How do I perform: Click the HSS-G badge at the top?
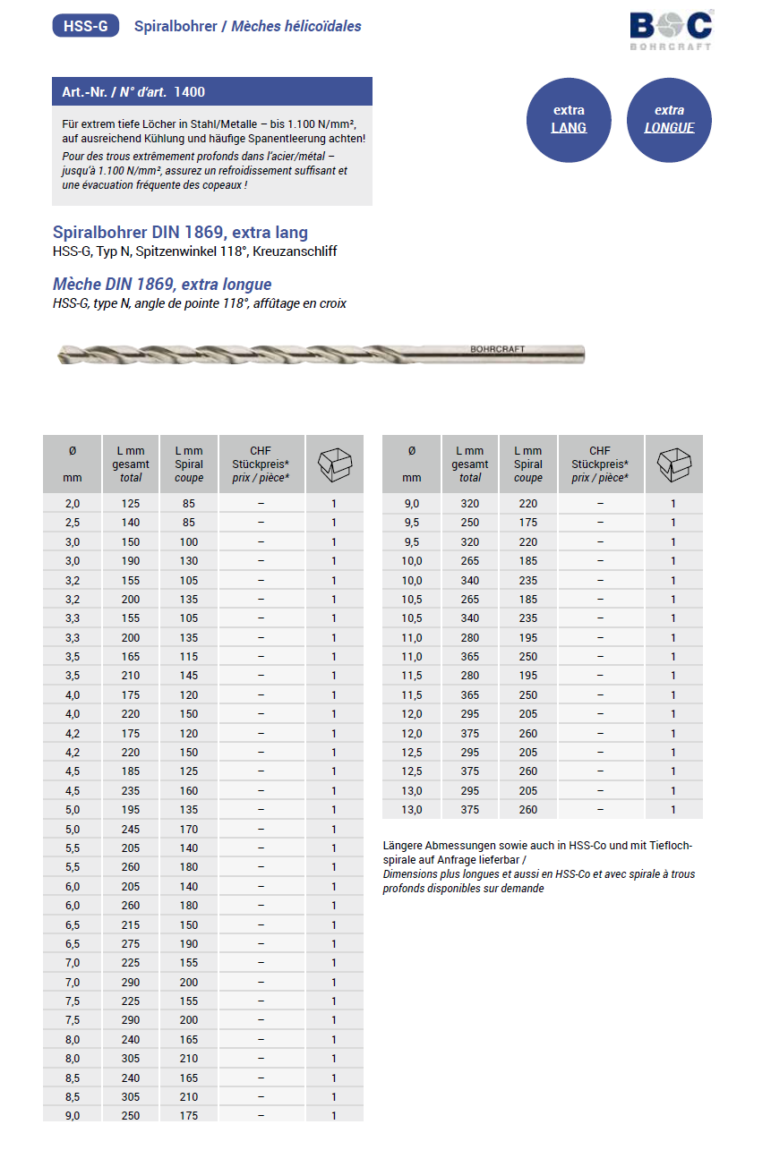[86, 26]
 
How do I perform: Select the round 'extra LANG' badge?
[569, 119]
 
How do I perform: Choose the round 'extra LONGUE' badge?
[669, 119]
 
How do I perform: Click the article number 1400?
[190, 92]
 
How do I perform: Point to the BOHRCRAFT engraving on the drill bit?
[497, 349]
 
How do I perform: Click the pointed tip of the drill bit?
[58, 356]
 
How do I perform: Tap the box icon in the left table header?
[335, 464]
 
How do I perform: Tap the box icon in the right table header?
[673, 464]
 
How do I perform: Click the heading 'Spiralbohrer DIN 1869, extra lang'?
[180, 233]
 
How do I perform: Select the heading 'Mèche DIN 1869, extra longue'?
[162, 285]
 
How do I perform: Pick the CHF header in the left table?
[261, 451]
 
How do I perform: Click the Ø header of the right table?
[412, 451]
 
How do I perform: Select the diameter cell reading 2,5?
[73, 523]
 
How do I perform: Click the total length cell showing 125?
[131, 504]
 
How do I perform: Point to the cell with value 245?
[131, 829]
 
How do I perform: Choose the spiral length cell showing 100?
[188, 542]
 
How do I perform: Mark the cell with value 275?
[131, 944]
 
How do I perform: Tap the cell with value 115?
[188, 657]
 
